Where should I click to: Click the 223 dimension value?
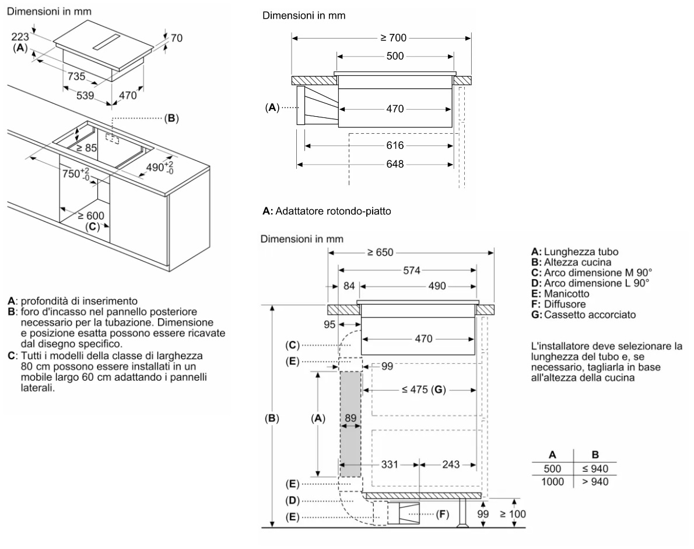19,36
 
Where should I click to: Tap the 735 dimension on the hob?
76,76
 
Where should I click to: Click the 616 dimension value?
395,145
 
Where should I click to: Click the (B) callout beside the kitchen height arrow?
272,418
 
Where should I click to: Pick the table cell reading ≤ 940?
595,468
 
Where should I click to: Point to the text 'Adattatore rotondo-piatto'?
335,211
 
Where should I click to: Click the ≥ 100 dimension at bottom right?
513,514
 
